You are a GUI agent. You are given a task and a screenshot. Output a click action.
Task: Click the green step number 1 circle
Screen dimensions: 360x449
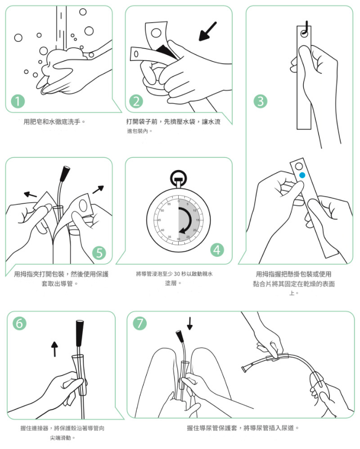click(x=18, y=101)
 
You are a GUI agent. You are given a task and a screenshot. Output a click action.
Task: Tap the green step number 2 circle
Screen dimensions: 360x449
click(x=136, y=101)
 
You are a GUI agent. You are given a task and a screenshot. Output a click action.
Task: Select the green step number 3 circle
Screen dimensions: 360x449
click(x=261, y=101)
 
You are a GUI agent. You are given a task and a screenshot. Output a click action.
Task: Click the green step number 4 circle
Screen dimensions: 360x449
click(x=217, y=250)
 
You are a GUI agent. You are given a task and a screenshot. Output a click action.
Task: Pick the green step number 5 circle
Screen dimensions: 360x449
click(x=99, y=253)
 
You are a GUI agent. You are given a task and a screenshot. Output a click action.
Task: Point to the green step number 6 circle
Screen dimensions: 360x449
click(x=19, y=323)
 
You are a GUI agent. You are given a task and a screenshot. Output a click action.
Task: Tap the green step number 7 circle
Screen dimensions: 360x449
click(x=140, y=323)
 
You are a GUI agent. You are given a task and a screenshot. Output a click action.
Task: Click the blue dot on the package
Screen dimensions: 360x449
click(x=302, y=175)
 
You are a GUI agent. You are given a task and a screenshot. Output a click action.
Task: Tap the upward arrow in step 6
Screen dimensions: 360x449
click(x=54, y=349)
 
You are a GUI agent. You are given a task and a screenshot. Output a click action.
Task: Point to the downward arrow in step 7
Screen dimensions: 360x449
click(x=189, y=323)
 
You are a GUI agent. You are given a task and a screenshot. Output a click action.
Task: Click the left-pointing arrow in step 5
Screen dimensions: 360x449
click(x=30, y=195)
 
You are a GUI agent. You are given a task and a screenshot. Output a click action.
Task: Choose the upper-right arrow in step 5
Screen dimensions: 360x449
click(x=98, y=189)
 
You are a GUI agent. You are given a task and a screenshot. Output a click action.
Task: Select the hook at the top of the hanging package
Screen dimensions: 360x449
click(x=306, y=29)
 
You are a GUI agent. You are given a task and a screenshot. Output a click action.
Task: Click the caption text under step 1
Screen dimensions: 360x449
click(x=54, y=122)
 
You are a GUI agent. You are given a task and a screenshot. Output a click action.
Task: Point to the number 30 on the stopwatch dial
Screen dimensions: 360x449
click(x=179, y=239)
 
